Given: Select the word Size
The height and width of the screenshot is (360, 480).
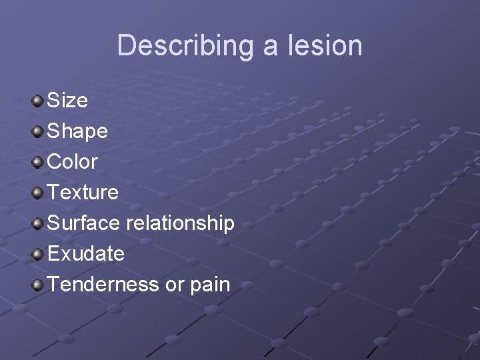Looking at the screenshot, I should pyautogui.click(x=67, y=100).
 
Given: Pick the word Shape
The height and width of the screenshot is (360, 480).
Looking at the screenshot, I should pyautogui.click(x=77, y=131).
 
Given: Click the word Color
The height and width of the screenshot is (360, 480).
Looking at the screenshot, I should pyautogui.click(x=73, y=161).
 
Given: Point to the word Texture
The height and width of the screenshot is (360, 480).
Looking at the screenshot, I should pyautogui.click(x=83, y=192).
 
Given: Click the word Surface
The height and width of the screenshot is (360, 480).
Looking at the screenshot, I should pyautogui.click(x=84, y=223).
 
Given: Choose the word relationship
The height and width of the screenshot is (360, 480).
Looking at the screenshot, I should pyautogui.click(x=180, y=223).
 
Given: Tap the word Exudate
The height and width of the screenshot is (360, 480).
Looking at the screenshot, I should pyautogui.click(x=86, y=253).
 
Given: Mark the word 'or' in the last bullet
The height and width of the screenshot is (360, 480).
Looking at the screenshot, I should pyautogui.click(x=174, y=285).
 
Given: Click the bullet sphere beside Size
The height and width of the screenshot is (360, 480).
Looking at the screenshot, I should pyautogui.click(x=38, y=101).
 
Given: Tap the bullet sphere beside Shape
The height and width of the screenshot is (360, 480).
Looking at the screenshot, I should pyautogui.click(x=38, y=131).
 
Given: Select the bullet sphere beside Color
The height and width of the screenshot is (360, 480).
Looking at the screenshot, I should pyautogui.click(x=38, y=162).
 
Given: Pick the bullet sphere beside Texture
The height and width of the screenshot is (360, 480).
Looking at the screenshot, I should pyautogui.click(x=38, y=193).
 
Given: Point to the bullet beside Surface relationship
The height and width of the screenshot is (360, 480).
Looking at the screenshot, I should pyautogui.click(x=38, y=223).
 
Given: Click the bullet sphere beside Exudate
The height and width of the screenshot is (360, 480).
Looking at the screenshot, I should pyautogui.click(x=38, y=254).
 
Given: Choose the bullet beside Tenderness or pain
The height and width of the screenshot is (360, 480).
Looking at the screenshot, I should pyautogui.click(x=38, y=285).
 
